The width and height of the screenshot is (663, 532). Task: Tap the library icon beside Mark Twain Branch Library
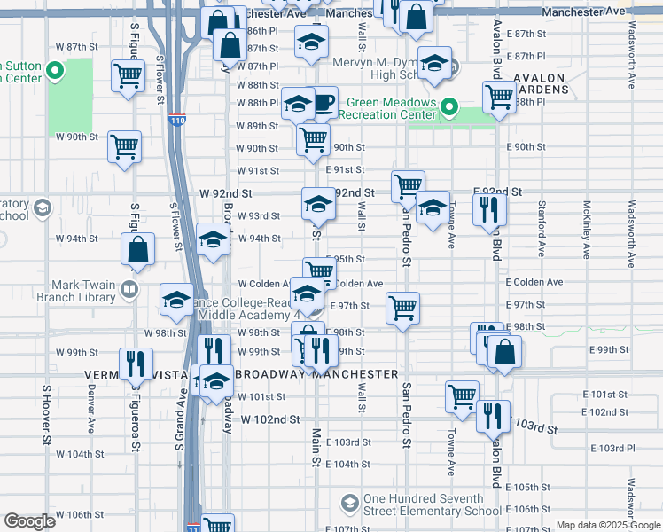click(129, 290)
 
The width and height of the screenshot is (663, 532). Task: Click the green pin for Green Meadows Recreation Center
click(449, 108)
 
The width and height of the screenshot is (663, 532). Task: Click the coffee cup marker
click(322, 102)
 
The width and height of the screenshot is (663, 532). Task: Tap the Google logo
click(29, 521)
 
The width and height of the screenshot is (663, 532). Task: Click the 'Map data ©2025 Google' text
click(608, 525)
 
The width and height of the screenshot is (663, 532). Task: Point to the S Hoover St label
click(45, 414)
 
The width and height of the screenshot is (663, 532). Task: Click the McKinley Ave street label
click(586, 232)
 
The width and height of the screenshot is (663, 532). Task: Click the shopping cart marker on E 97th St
click(402, 308)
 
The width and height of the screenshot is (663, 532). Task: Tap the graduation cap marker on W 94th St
click(213, 239)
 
